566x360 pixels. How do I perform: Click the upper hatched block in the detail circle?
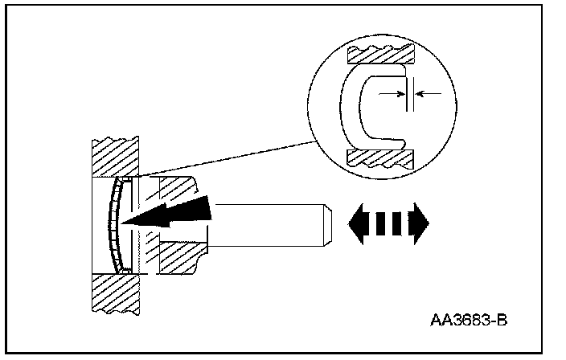[x=379, y=54]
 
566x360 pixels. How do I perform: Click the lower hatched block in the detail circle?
[x=379, y=155]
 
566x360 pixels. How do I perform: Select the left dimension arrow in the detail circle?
[x=392, y=94]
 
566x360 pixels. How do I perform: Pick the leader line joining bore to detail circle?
[x=233, y=157]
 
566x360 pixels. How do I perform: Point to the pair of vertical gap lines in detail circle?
[x=410, y=95]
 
